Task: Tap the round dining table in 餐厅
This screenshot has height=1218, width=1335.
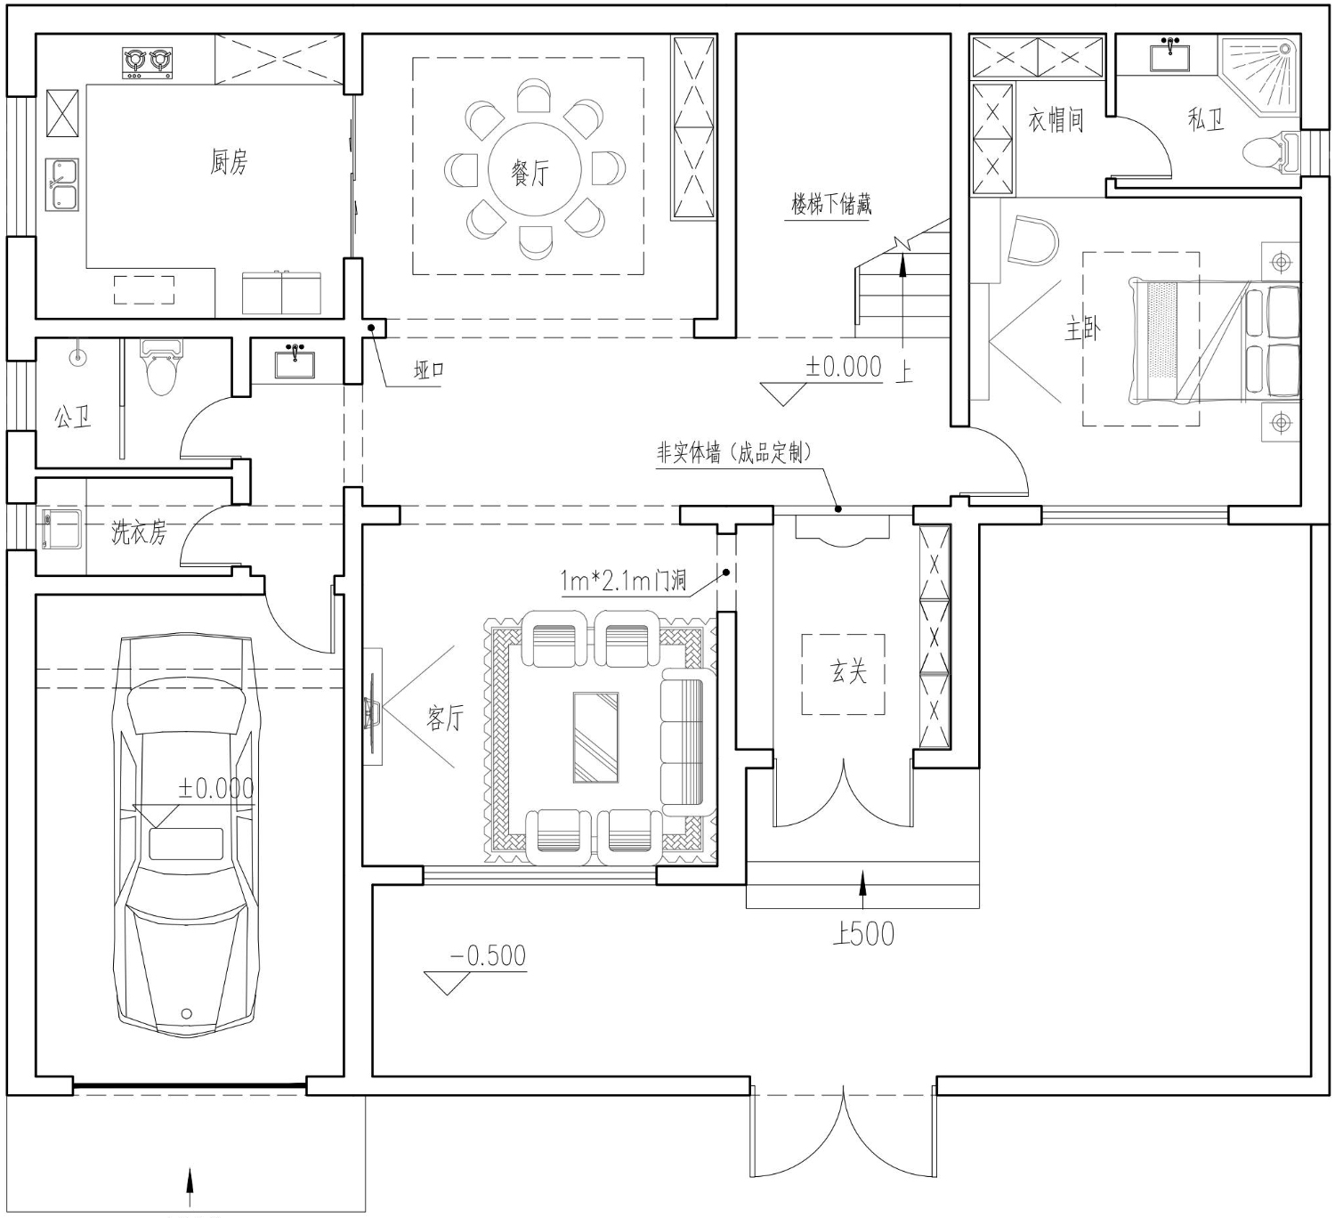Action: click(x=534, y=169)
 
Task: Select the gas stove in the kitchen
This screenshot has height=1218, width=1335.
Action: click(x=147, y=63)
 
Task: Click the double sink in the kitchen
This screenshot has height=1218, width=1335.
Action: click(x=62, y=184)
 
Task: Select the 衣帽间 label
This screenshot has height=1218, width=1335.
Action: click(x=1056, y=120)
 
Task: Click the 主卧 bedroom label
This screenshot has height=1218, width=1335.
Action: click(x=1083, y=329)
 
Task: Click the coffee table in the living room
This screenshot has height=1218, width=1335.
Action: click(x=595, y=737)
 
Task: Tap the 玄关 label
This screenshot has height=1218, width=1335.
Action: click(x=848, y=671)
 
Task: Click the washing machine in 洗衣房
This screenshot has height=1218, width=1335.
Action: click(x=61, y=530)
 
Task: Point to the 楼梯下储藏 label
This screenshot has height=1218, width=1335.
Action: click(x=831, y=204)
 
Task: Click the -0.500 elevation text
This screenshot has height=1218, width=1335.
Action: click(x=488, y=955)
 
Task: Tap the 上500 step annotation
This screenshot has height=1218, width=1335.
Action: click(x=863, y=934)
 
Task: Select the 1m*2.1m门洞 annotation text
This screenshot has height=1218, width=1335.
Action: click(x=623, y=581)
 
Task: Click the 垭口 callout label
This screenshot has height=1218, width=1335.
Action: click(x=429, y=370)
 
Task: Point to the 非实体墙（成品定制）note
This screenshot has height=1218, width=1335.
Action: click(x=734, y=453)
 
